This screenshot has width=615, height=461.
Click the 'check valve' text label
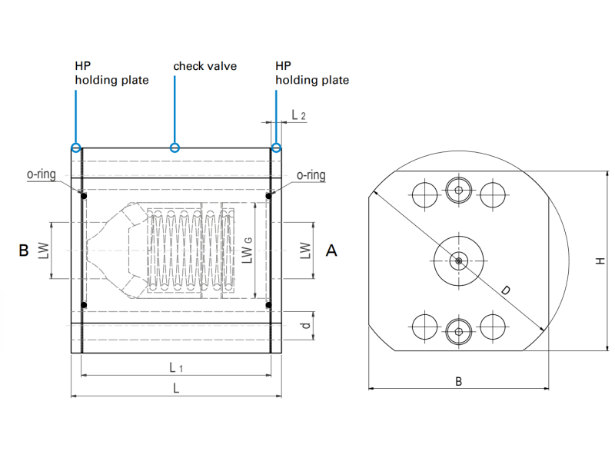point(204,66)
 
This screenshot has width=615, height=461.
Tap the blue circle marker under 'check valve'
point(175,148)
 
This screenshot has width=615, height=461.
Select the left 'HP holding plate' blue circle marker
point(76,148)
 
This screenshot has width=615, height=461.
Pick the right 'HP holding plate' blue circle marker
point(277,148)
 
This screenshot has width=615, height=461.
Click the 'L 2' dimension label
point(298,115)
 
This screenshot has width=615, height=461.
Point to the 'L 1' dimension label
point(176,367)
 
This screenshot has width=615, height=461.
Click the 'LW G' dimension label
point(247,250)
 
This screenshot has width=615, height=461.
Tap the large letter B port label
point(24,250)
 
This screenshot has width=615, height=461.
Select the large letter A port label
point(331,250)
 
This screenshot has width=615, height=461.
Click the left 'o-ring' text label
point(42,174)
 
